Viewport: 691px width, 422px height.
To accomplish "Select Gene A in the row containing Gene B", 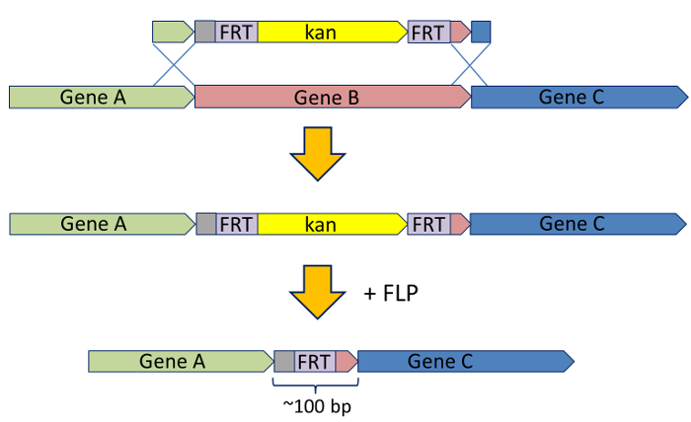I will click(x=99, y=97).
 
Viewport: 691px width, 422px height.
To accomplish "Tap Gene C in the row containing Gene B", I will click(x=577, y=97).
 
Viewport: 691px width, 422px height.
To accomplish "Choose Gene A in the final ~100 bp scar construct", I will click(x=178, y=361).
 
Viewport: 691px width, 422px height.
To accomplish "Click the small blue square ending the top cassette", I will click(x=481, y=32).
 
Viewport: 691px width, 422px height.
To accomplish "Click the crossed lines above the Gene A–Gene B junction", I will click(x=174, y=65).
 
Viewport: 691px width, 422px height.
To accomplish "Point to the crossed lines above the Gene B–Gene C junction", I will click(x=470, y=65).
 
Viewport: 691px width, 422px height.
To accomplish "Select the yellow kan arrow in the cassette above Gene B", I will click(x=332, y=32).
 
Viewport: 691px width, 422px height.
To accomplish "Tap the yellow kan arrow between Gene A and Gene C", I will click(x=332, y=224).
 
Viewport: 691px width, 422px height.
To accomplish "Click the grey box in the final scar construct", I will click(x=283, y=361).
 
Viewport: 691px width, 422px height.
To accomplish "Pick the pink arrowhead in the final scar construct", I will click(x=345, y=361).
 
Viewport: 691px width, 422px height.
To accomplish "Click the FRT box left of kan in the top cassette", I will click(x=237, y=32).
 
